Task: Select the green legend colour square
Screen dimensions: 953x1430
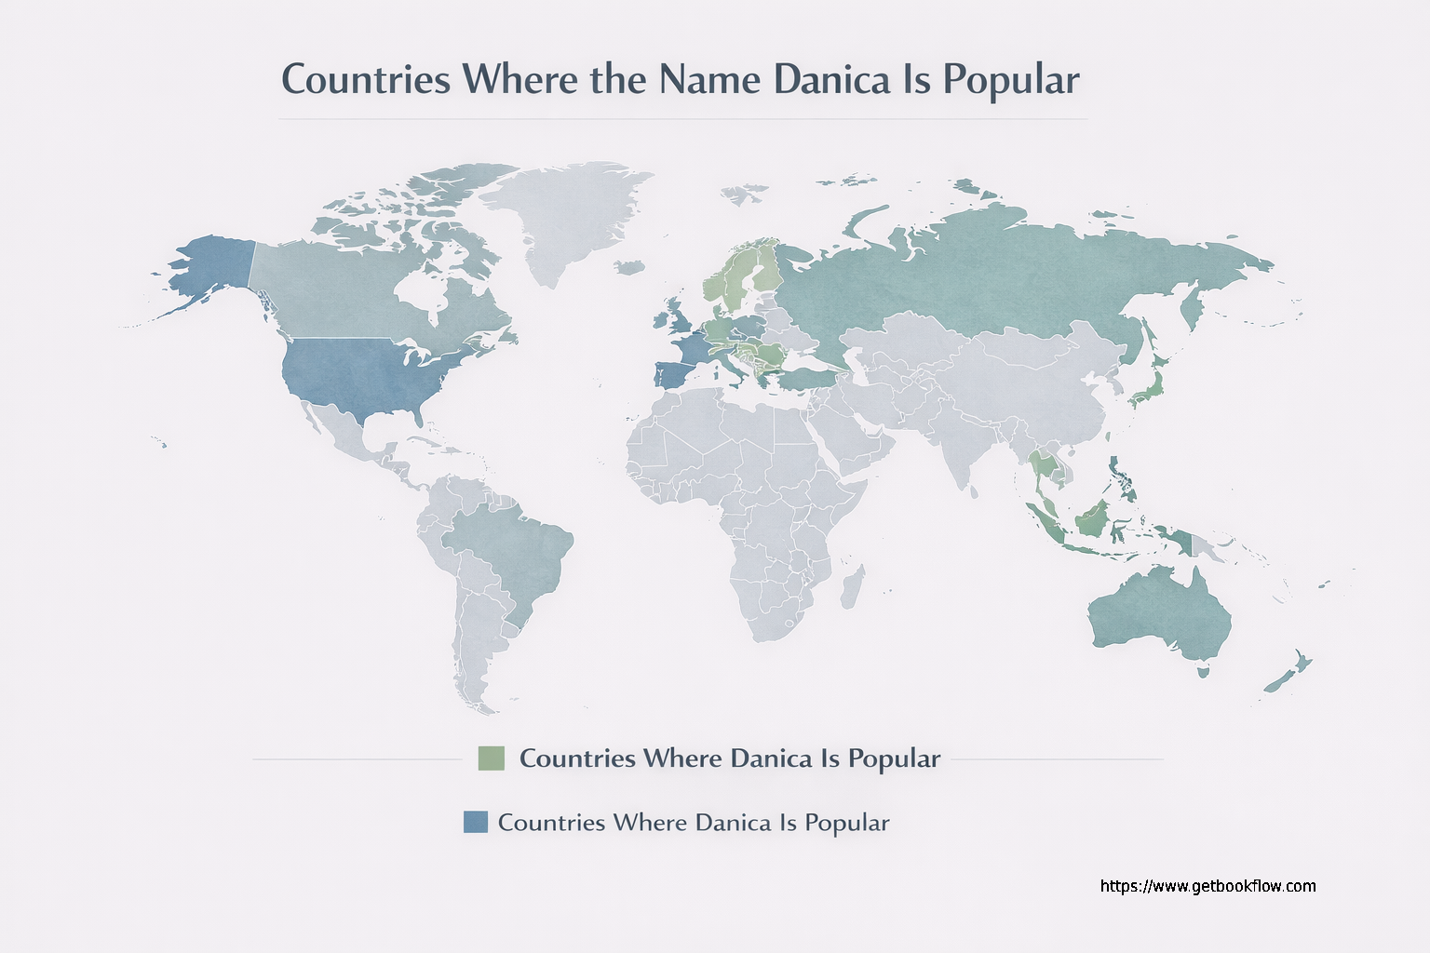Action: click(491, 758)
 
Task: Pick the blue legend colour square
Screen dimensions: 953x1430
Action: click(476, 822)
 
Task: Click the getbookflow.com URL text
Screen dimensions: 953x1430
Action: click(1207, 886)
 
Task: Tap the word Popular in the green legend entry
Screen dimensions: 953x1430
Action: click(894, 758)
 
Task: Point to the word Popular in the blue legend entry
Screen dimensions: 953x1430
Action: click(846, 823)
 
